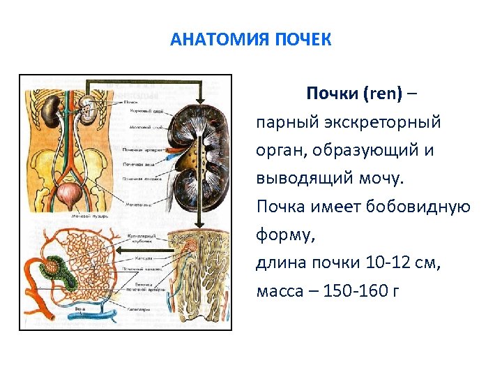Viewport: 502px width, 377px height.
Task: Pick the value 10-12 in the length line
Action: (x=386, y=263)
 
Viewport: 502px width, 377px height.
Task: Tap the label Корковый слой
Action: (x=147, y=111)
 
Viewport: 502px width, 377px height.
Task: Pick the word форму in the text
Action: (x=286, y=235)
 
